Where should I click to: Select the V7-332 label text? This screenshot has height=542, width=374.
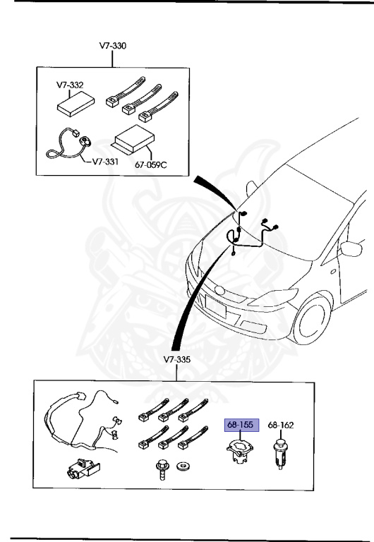pyautogui.click(x=71, y=85)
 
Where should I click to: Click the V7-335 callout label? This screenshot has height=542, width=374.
pyautogui.click(x=178, y=359)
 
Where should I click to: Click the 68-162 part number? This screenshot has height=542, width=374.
pyautogui.click(x=281, y=425)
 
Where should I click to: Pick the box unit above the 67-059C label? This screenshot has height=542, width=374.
pyautogui.click(x=134, y=139)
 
